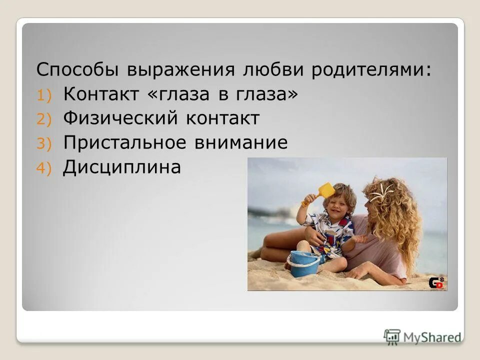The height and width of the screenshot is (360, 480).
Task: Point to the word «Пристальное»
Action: coord(125,143)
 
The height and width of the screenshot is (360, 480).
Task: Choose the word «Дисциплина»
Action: coord(121,168)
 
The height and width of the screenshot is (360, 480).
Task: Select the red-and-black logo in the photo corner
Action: coord(436,282)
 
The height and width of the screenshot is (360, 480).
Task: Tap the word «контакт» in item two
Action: coord(223,119)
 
